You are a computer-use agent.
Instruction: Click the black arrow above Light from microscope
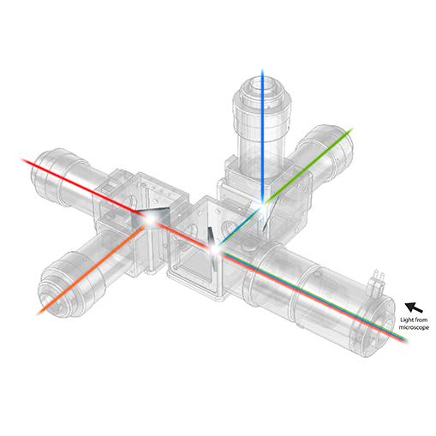[x=414, y=308]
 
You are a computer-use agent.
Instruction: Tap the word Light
[x=406, y=320]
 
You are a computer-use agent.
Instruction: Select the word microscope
[x=414, y=327]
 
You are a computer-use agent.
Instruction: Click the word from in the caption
[x=421, y=320]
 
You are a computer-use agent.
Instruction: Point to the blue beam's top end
[x=262, y=69]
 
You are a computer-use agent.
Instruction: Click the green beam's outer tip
[x=353, y=128]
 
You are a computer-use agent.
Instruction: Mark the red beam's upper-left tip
[x=22, y=159]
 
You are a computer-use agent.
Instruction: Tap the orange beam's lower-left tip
[x=38, y=314]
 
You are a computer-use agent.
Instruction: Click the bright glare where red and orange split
[x=150, y=219]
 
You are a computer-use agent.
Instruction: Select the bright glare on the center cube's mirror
[x=215, y=249]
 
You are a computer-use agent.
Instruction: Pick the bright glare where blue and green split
[x=262, y=203]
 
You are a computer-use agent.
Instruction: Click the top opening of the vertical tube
[x=263, y=86]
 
